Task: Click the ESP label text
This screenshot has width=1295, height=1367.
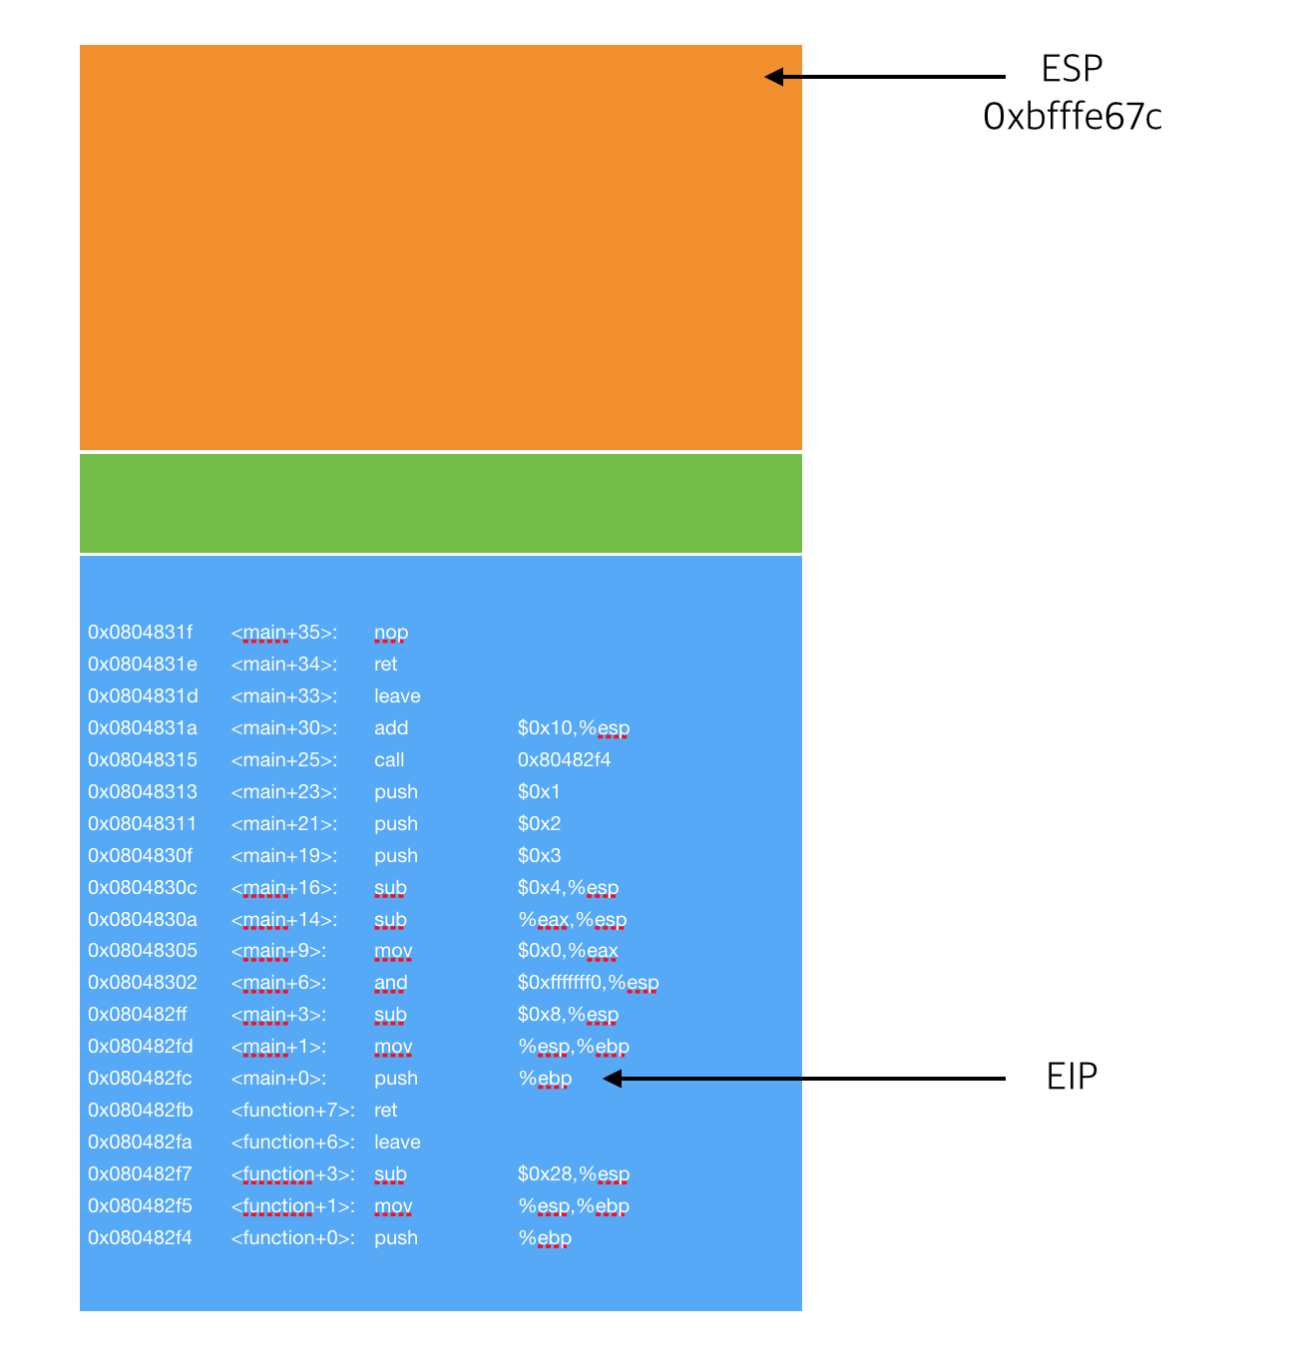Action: (1072, 69)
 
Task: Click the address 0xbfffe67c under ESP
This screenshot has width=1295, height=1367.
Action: (1073, 118)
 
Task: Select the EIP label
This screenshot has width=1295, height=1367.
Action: (1072, 1077)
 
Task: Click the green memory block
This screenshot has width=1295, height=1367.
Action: (440, 503)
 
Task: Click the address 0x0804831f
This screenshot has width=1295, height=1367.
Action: (140, 633)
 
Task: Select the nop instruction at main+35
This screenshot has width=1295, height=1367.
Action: (391, 633)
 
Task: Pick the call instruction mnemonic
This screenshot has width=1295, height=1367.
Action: (389, 760)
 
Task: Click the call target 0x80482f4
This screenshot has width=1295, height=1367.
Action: (564, 760)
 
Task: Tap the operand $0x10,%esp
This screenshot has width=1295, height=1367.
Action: (573, 728)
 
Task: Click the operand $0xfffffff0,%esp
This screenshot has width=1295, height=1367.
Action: (588, 983)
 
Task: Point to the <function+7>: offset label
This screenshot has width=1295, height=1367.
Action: (292, 1111)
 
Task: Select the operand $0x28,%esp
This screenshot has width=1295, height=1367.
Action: (573, 1174)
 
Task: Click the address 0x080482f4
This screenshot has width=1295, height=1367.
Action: (140, 1238)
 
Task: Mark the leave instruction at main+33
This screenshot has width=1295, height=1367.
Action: (397, 696)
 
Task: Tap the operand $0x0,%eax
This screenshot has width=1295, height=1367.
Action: (568, 951)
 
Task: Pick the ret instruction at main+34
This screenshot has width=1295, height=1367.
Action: (385, 665)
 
